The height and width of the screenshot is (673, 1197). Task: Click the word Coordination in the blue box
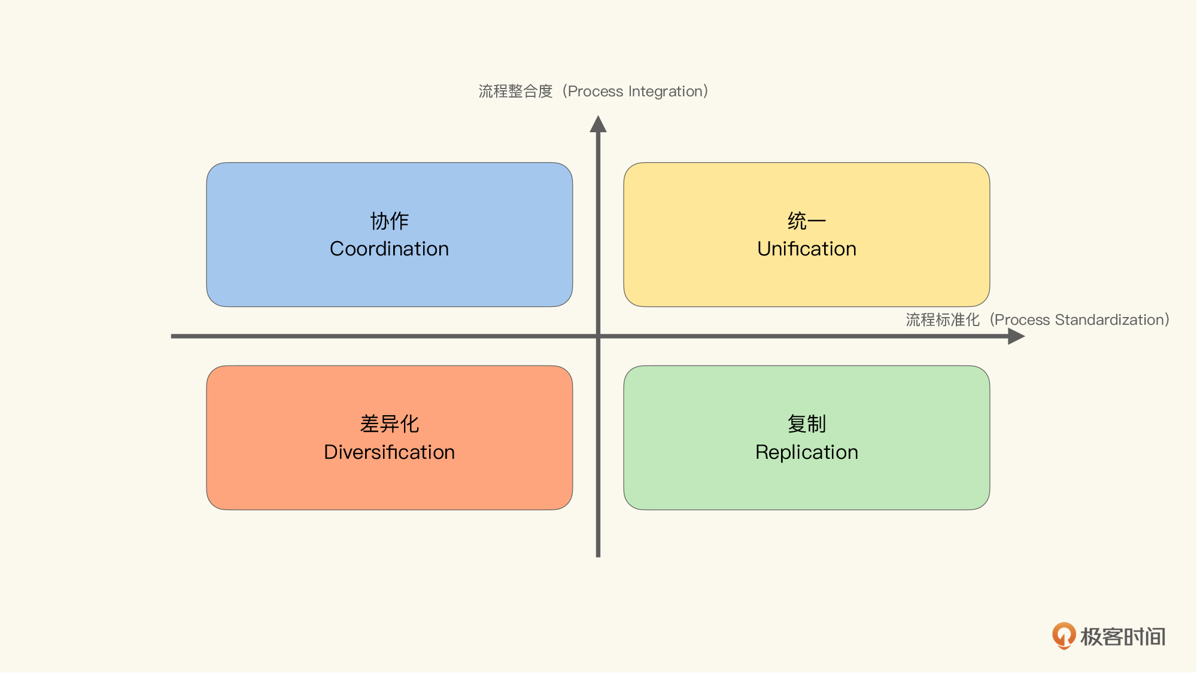[x=389, y=249]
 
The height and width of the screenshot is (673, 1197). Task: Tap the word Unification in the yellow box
[x=807, y=249]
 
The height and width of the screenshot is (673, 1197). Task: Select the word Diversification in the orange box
[x=389, y=452]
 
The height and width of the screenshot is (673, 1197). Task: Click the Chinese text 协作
[x=389, y=221]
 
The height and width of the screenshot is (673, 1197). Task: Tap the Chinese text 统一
[x=807, y=221]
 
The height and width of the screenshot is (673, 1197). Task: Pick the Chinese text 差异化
[x=389, y=424]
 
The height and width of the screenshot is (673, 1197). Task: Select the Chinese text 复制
[x=807, y=424]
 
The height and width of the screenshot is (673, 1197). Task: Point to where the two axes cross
[x=598, y=336]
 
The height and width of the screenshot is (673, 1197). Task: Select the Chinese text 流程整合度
[x=515, y=92]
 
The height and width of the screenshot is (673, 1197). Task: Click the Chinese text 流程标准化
[x=943, y=320]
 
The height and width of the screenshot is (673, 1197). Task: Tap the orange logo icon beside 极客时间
[x=1064, y=636]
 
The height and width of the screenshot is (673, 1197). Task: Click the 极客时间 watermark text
[x=1123, y=637]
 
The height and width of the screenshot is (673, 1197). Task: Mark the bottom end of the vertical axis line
[x=598, y=557]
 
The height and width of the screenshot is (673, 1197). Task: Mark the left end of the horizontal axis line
[x=172, y=336]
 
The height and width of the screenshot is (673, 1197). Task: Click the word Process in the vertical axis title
[x=596, y=92]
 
